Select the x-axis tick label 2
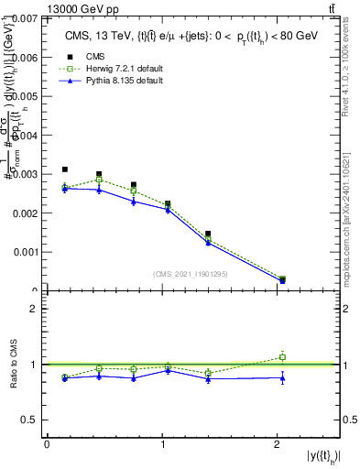(x=278, y=444)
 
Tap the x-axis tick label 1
(x=162, y=444)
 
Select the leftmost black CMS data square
(x=65, y=169)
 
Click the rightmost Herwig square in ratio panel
(x=282, y=357)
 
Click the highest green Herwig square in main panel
(x=99, y=180)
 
